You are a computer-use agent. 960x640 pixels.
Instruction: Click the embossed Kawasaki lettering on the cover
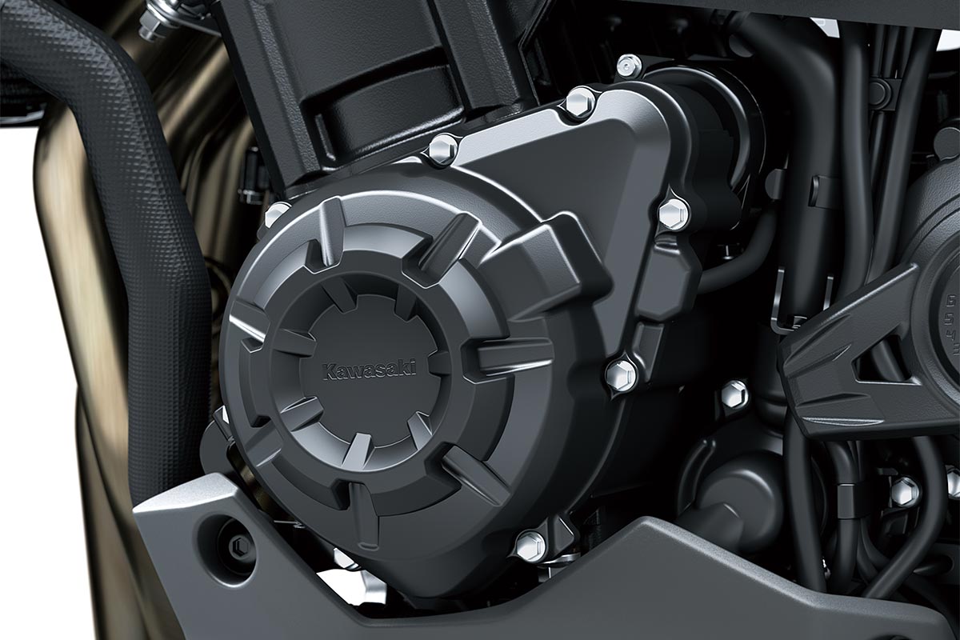369,370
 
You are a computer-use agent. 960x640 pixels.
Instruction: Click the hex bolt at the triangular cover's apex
579,103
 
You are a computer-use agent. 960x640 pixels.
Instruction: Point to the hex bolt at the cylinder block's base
442,150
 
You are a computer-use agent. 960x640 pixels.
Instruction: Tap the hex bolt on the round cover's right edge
621,374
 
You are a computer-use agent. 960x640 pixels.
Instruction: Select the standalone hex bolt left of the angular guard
734,394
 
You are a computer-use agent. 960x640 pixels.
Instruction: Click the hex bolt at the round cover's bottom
530,546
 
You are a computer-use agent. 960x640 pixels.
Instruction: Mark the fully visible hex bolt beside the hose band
905,490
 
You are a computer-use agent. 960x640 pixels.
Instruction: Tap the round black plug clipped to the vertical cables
880,92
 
